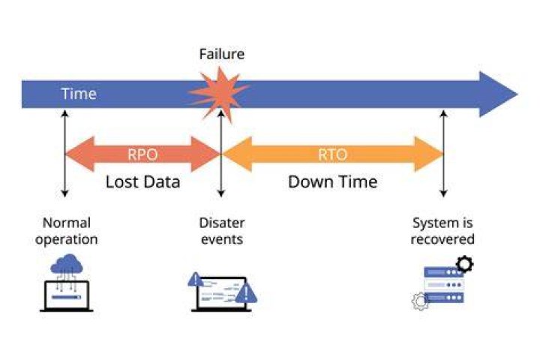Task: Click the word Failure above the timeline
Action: tap(222, 55)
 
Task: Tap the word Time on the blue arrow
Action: tap(79, 94)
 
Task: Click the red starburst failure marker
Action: tap(219, 94)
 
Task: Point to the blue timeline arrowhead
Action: tap(499, 94)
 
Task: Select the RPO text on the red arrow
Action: tap(142, 154)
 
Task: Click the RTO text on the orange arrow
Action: tap(332, 154)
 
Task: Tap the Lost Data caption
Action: tap(142, 182)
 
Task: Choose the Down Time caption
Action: tap(333, 182)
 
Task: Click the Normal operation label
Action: tap(67, 231)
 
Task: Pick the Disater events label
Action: tap(222, 231)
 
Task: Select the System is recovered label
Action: tap(442, 231)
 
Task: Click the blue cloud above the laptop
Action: tap(67, 264)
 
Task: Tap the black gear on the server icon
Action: tap(464, 264)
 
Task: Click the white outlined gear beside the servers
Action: tap(421, 301)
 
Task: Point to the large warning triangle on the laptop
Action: tap(246, 293)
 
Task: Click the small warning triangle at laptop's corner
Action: tap(195, 280)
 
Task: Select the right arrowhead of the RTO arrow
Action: tap(429, 154)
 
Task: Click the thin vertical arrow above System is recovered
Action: tap(443, 154)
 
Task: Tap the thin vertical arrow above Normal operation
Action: tap(64, 154)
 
